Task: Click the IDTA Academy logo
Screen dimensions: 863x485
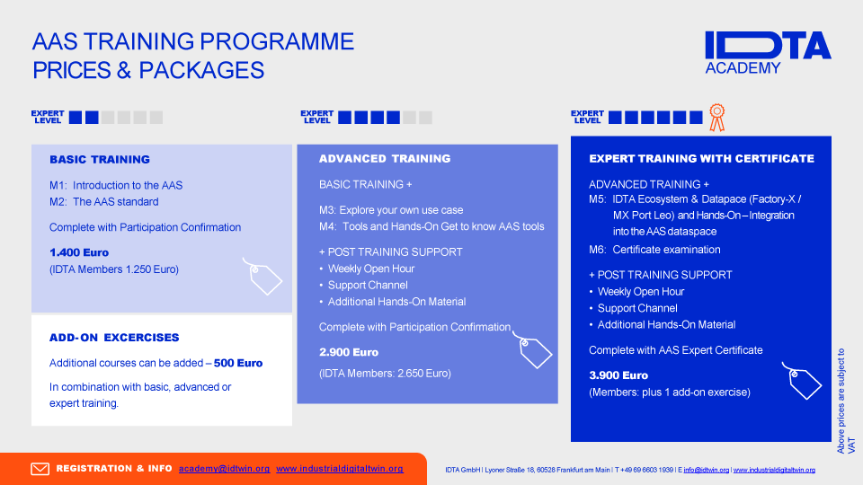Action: pyautogui.click(x=768, y=53)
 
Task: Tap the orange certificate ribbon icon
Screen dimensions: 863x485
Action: pyautogui.click(x=716, y=118)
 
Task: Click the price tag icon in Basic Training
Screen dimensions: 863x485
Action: pyautogui.click(x=263, y=276)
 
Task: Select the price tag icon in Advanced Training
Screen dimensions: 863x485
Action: pyautogui.click(x=533, y=349)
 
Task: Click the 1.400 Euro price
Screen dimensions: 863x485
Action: pyautogui.click(x=79, y=252)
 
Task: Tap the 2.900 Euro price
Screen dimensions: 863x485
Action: pyautogui.click(x=349, y=352)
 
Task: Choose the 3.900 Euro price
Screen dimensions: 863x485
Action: pyautogui.click(x=618, y=375)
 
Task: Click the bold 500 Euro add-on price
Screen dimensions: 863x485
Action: pyautogui.click(x=238, y=363)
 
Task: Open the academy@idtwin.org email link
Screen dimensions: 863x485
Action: pyautogui.click(x=225, y=469)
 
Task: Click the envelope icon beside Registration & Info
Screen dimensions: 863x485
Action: pyautogui.click(x=40, y=469)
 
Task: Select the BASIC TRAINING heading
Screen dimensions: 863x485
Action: pyautogui.click(x=100, y=160)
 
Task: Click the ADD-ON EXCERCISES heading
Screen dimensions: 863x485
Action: pyautogui.click(x=114, y=338)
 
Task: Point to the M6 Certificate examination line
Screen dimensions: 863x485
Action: pyautogui.click(x=654, y=250)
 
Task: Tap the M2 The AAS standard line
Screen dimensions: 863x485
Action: pyautogui.click(x=104, y=202)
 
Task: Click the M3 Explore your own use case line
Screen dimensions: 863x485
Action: pyautogui.click(x=391, y=210)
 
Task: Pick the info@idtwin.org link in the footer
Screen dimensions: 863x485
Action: pyautogui.click(x=707, y=470)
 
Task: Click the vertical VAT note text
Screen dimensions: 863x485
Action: pyautogui.click(x=846, y=401)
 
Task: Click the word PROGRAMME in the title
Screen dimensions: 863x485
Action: pyautogui.click(x=277, y=42)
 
